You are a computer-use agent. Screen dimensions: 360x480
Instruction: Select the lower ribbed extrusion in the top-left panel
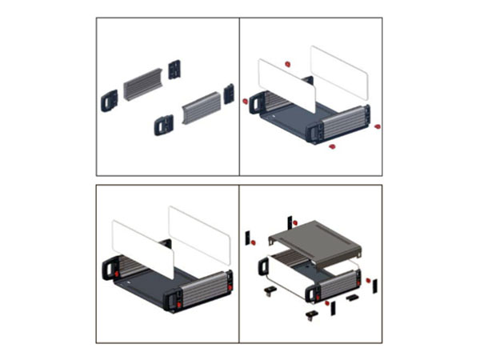[x=200, y=108]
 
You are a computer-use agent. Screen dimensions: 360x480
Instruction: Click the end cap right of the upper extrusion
[x=175, y=70]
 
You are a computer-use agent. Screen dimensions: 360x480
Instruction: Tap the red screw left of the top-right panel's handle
[x=246, y=101]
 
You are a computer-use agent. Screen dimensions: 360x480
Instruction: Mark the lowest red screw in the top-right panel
[x=331, y=147]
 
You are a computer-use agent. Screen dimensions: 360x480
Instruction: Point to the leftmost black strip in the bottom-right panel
[x=247, y=237]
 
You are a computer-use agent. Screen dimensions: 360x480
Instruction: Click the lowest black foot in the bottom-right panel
[x=310, y=315]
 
